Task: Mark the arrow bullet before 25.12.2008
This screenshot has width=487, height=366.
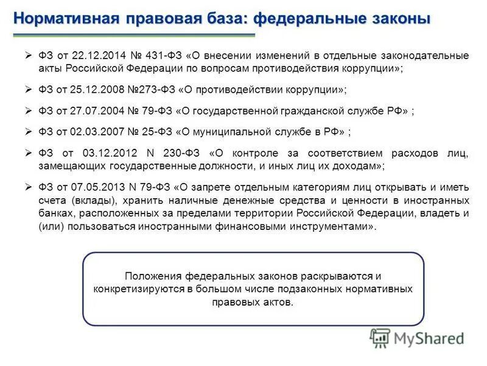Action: (28, 90)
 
